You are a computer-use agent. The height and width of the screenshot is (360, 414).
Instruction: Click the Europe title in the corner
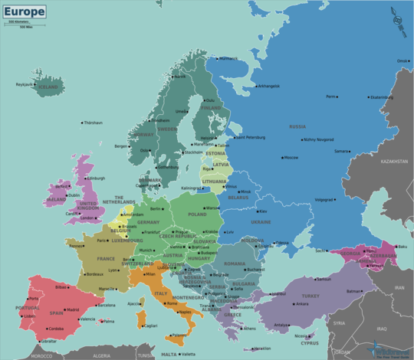(23, 11)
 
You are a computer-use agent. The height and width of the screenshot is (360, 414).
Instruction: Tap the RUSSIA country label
(297, 126)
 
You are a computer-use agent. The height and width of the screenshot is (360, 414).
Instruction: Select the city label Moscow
(291, 157)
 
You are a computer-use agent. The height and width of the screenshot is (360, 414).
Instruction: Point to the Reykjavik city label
(25, 84)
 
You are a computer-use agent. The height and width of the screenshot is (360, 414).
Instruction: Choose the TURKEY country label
(310, 296)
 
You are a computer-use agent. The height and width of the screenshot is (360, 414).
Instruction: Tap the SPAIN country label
(56, 313)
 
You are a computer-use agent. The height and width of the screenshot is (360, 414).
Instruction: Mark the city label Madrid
(72, 309)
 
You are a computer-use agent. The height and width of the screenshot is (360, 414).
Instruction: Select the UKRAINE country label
(261, 222)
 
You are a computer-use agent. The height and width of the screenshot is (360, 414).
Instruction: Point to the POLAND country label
(197, 214)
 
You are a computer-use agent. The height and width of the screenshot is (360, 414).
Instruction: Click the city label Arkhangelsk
(268, 86)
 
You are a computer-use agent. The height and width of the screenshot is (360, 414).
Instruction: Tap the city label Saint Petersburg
(250, 138)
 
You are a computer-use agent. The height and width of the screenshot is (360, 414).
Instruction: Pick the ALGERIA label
(101, 355)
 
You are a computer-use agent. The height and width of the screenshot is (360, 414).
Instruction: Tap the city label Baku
(402, 247)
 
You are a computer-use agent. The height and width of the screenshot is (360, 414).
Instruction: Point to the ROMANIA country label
(235, 263)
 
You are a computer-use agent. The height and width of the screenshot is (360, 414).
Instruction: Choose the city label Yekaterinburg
(381, 97)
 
